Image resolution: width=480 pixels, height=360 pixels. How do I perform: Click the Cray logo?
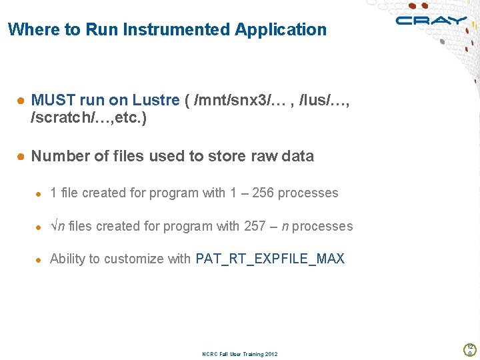[x=431, y=21]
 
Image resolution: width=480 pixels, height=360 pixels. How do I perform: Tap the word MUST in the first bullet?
[x=53, y=101]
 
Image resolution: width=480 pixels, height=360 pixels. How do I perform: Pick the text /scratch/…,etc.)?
[x=89, y=118]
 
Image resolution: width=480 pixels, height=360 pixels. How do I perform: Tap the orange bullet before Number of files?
[x=21, y=157]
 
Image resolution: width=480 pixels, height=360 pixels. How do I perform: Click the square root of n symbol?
[x=57, y=226]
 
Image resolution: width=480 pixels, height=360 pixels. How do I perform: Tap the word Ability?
[x=67, y=259]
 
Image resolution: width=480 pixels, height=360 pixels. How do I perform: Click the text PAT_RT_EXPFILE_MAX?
[x=270, y=259]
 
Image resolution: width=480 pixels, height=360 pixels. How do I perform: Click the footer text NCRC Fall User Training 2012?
[x=240, y=354]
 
